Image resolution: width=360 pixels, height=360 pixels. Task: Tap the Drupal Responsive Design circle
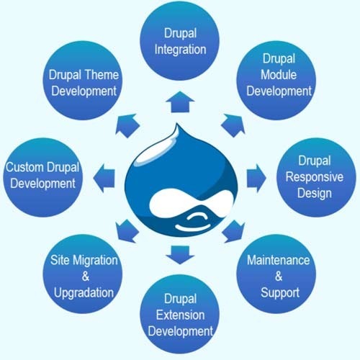(308, 176)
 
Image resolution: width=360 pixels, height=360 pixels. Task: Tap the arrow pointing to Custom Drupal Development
(105, 175)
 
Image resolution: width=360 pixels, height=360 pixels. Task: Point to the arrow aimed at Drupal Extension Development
(178, 253)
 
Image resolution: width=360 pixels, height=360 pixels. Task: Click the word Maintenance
(278, 259)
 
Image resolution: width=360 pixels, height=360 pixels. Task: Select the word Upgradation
(84, 293)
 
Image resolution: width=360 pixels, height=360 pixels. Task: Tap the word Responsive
(308, 177)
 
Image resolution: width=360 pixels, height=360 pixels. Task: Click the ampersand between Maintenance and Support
(278, 276)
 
